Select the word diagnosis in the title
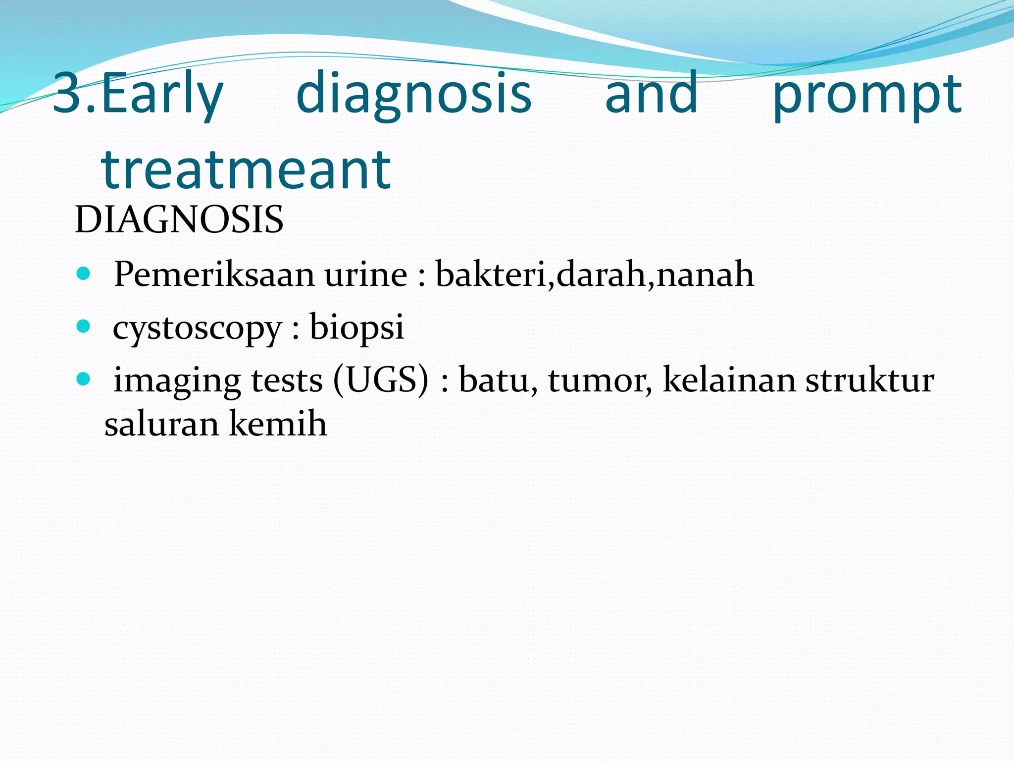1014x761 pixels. tap(413, 94)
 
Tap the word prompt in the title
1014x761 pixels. tap(867, 94)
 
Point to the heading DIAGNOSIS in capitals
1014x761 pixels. tap(179, 219)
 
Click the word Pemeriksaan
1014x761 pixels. tap(214, 274)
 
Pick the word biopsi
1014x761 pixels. tap(356, 327)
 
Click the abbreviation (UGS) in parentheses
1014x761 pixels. tap(381, 380)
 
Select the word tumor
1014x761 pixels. tap(600, 380)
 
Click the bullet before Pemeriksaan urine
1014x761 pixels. tap(84, 273)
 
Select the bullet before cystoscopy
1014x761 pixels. tap(84, 326)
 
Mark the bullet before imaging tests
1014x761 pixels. tap(84, 380)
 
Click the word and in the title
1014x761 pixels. tap(651, 94)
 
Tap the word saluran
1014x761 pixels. tap(161, 424)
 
